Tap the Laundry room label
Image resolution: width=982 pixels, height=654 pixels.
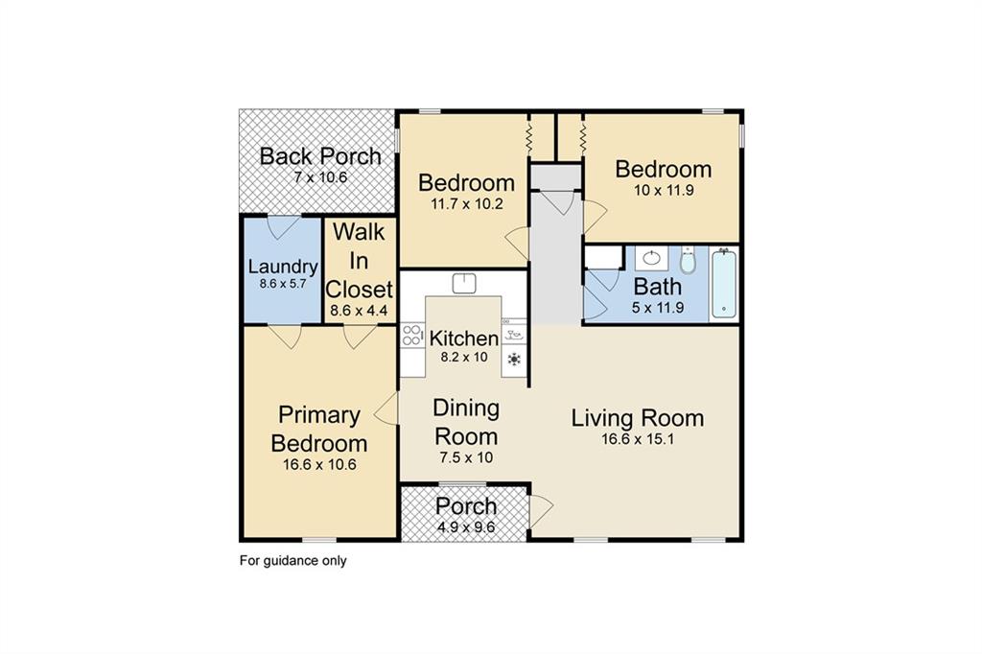282,267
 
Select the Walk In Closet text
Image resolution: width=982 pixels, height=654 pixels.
360,260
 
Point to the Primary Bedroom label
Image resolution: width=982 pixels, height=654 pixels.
319,430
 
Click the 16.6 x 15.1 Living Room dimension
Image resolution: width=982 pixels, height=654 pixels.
638,439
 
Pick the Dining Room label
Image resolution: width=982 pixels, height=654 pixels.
465,422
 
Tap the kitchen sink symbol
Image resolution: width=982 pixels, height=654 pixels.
465,283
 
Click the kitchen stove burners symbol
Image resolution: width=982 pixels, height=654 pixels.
412,335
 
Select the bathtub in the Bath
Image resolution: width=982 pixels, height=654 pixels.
724,283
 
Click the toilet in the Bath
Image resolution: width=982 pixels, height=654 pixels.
688,260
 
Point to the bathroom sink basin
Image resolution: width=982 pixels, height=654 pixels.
653,258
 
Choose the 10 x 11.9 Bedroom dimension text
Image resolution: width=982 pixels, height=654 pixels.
664,190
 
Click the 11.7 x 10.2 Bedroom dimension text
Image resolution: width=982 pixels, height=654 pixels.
466,202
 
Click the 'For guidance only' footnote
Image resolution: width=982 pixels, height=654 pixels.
292,561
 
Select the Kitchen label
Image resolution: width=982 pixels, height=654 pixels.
463,339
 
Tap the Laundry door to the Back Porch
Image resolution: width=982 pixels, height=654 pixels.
282,228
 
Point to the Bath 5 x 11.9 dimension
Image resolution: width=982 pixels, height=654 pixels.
658,308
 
